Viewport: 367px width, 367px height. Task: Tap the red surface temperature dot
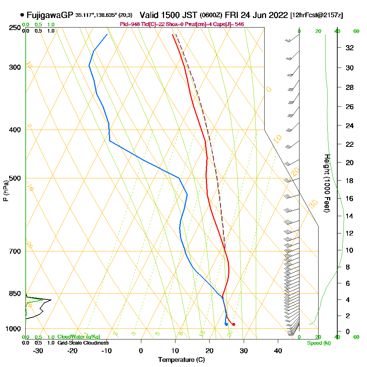click(x=234, y=324)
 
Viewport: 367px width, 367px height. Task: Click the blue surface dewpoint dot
click(x=226, y=324)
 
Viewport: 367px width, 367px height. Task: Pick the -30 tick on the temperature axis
click(x=38, y=350)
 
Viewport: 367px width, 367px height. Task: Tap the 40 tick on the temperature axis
click(x=278, y=350)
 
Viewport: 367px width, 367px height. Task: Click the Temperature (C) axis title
click(x=181, y=360)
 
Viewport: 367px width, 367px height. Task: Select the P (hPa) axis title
click(x=6, y=191)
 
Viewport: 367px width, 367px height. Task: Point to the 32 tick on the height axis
click(x=349, y=48)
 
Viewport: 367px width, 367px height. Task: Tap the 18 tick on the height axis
click(x=349, y=181)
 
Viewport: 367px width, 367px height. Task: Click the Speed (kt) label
click(x=318, y=343)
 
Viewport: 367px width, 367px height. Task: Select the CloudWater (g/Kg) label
click(x=79, y=337)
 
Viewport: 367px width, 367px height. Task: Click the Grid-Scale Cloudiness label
click(x=83, y=343)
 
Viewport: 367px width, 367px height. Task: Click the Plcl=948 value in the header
click(x=130, y=24)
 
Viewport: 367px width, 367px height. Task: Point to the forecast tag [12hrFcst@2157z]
click(x=316, y=15)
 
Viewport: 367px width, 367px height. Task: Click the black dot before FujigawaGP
click(x=23, y=15)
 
